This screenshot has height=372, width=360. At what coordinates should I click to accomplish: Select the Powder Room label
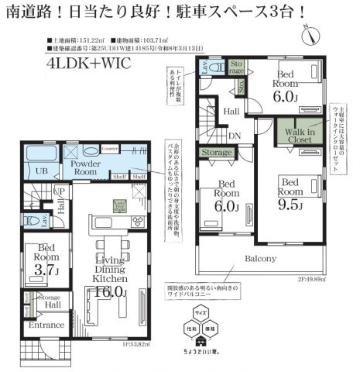(84, 166)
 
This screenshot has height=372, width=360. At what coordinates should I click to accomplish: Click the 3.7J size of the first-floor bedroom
(43, 270)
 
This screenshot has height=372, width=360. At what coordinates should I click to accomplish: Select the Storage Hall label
(50, 300)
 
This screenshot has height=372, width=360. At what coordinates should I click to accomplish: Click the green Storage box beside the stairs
(217, 152)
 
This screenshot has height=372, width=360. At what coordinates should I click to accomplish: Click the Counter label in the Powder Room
(108, 149)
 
